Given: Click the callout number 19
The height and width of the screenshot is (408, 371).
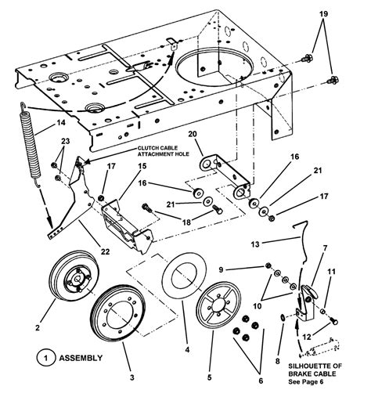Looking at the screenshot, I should [322, 15].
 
